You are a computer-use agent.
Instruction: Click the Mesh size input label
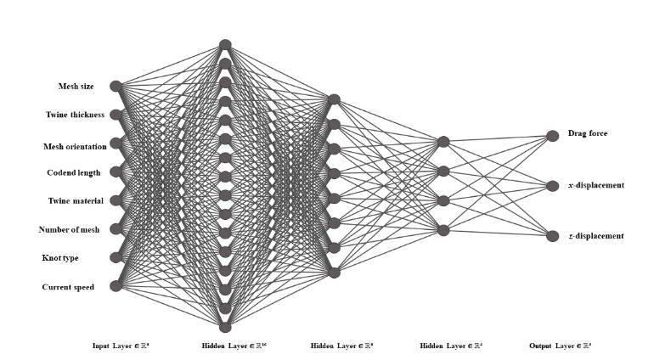pyautogui.click(x=76, y=86)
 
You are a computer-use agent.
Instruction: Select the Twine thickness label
pyautogui.click(x=75, y=114)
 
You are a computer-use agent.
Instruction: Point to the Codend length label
pyautogui.click(x=73, y=172)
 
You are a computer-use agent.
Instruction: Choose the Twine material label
pyautogui.click(x=75, y=200)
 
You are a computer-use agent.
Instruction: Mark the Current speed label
pyautogui.click(x=68, y=287)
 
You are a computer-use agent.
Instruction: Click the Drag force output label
pyautogui.click(x=588, y=133)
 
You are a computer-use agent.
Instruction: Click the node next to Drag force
pyautogui.click(x=552, y=135)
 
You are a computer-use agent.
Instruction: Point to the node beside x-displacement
pyautogui.click(x=552, y=185)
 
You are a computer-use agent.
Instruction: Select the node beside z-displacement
pyautogui.click(x=552, y=236)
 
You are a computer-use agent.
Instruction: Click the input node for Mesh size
pyautogui.click(x=116, y=86)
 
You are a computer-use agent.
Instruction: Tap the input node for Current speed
pyautogui.click(x=116, y=285)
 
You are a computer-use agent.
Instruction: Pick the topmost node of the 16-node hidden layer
pyautogui.click(x=225, y=45)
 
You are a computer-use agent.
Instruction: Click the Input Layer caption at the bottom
pyautogui.click(x=121, y=346)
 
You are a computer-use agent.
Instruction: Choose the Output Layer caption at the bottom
pyautogui.click(x=561, y=346)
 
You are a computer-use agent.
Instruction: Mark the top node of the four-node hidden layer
pyautogui.click(x=442, y=142)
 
